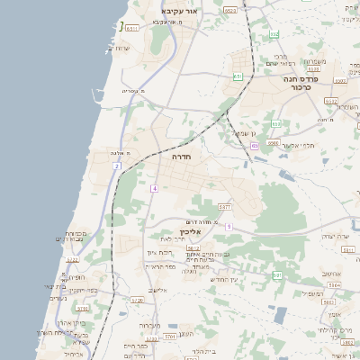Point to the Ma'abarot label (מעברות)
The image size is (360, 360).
tap(151, 325)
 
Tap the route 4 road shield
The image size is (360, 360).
tap(154, 188)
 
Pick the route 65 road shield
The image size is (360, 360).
tap(255, 145)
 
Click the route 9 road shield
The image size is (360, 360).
tap(229, 226)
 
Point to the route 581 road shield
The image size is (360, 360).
tap(277, 274)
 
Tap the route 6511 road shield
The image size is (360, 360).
tap(131, 29)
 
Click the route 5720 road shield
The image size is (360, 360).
tap(137, 300)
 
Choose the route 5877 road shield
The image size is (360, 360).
tap(224, 207)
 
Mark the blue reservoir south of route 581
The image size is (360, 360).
tap(281, 315)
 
